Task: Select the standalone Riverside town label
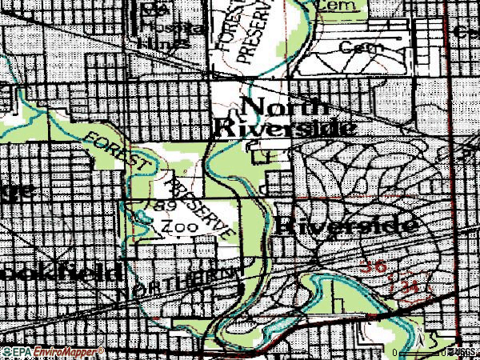(x=347, y=226)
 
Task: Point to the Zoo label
(x=174, y=227)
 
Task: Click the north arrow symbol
(x=418, y=335)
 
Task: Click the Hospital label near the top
(x=165, y=26)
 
